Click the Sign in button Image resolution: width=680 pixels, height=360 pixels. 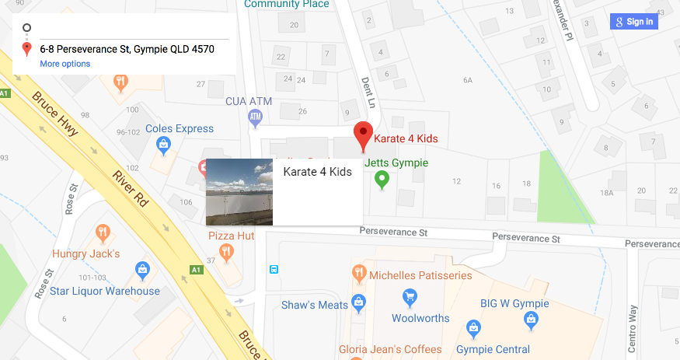point(634,22)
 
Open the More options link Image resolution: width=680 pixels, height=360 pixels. point(65,64)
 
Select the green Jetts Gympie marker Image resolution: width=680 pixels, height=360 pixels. point(382,180)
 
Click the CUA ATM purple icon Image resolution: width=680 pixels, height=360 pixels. point(255,118)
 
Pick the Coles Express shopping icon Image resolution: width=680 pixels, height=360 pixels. point(164,144)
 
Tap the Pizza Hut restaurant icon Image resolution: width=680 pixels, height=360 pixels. point(226,250)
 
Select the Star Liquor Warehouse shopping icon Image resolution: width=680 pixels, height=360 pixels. point(142,270)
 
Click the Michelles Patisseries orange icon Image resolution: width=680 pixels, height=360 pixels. point(358,272)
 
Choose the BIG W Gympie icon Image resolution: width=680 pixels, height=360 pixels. point(532,317)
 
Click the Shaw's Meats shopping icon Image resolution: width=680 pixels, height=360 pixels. point(358,301)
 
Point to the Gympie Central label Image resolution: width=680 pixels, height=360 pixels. point(493,350)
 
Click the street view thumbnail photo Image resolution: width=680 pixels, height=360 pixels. point(239,192)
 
